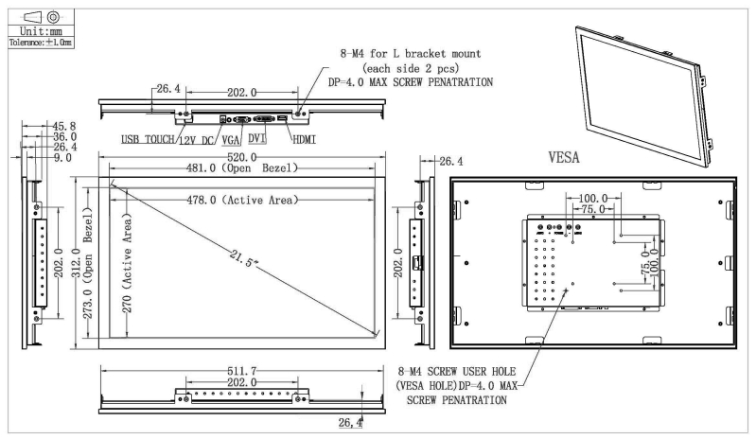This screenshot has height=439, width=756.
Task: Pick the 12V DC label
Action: coord(197,140)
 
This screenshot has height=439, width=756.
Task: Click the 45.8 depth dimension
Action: coord(64,126)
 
